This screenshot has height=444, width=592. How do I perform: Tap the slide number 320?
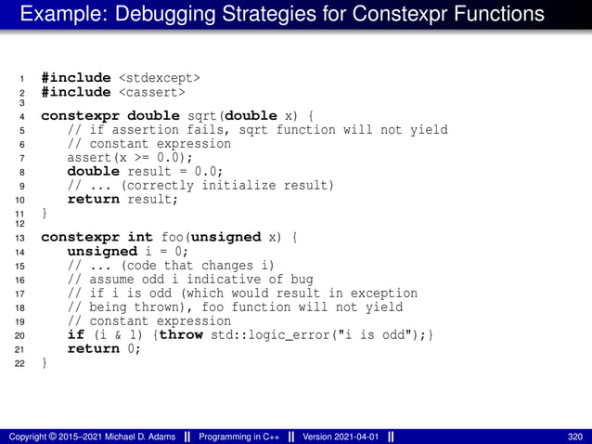click(x=574, y=437)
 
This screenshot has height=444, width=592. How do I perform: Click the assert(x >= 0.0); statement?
click(x=122, y=157)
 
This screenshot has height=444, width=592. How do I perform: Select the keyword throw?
click(x=181, y=334)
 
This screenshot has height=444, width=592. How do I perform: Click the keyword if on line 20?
click(x=76, y=334)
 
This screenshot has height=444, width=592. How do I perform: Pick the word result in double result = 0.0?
click(x=153, y=171)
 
